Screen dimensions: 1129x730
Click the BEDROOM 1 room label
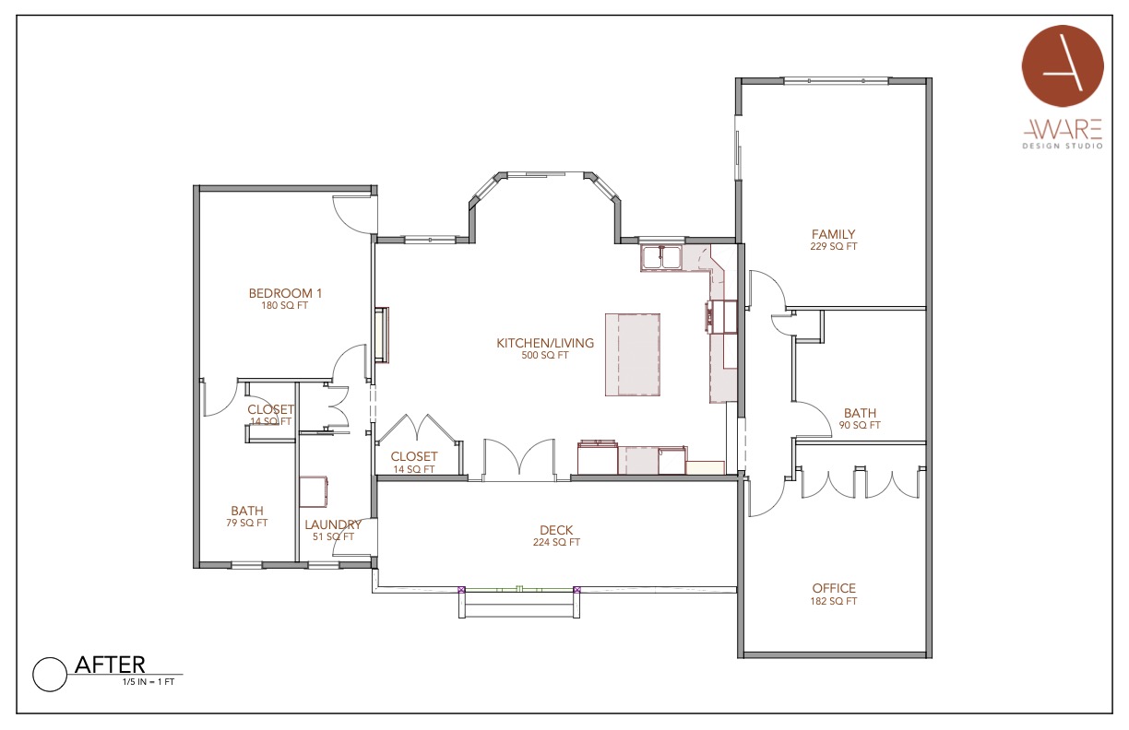(x=285, y=293)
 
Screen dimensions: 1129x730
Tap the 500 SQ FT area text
(x=545, y=355)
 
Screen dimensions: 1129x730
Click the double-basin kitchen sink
(x=660, y=257)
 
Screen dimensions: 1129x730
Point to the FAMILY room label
(x=833, y=234)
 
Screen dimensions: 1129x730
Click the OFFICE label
(x=834, y=588)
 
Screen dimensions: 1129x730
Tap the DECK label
(x=556, y=530)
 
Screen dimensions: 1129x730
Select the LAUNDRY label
(x=333, y=524)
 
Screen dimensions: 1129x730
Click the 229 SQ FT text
(x=834, y=246)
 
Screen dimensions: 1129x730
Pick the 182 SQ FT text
(x=834, y=601)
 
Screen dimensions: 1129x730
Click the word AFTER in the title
(x=110, y=665)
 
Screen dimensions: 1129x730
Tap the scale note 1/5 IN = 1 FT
(x=149, y=682)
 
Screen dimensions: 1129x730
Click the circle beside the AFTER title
(x=50, y=675)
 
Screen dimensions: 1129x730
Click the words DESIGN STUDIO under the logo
(x=1063, y=147)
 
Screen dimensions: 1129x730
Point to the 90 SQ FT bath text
(x=860, y=425)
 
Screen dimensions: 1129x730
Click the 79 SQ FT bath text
(x=246, y=523)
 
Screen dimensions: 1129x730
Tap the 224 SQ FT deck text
(x=556, y=542)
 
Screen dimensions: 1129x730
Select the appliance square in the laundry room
(x=314, y=491)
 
